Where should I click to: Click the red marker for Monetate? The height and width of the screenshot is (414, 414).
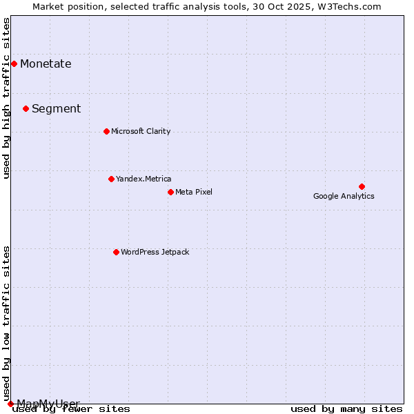(x=14, y=64)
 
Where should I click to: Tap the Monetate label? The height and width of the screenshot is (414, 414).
(x=46, y=64)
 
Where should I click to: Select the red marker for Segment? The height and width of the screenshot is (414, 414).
(x=26, y=108)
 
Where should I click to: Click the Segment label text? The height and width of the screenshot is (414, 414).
(x=56, y=108)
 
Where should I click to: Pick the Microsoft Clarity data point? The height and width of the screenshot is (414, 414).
(x=106, y=131)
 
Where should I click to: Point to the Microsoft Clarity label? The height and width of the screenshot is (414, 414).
(x=141, y=131)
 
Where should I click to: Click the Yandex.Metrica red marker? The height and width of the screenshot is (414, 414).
(x=111, y=179)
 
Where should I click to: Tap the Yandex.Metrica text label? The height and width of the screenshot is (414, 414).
(x=144, y=179)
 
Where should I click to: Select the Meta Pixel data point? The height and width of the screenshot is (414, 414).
(x=170, y=192)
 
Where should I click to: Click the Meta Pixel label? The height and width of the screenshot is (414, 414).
(x=194, y=192)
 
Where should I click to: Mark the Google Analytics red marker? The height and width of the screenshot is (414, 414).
(x=362, y=186)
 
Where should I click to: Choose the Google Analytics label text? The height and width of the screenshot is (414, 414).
(x=344, y=196)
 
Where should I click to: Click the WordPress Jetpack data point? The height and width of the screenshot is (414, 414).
(x=116, y=252)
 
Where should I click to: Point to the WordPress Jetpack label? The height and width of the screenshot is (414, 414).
(x=155, y=252)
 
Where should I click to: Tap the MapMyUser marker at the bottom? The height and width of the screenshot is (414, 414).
(x=10, y=404)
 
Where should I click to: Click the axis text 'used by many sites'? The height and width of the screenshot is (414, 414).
(x=346, y=408)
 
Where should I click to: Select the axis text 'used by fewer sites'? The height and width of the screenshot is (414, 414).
(x=72, y=408)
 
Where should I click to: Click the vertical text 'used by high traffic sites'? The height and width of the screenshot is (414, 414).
(x=7, y=98)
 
